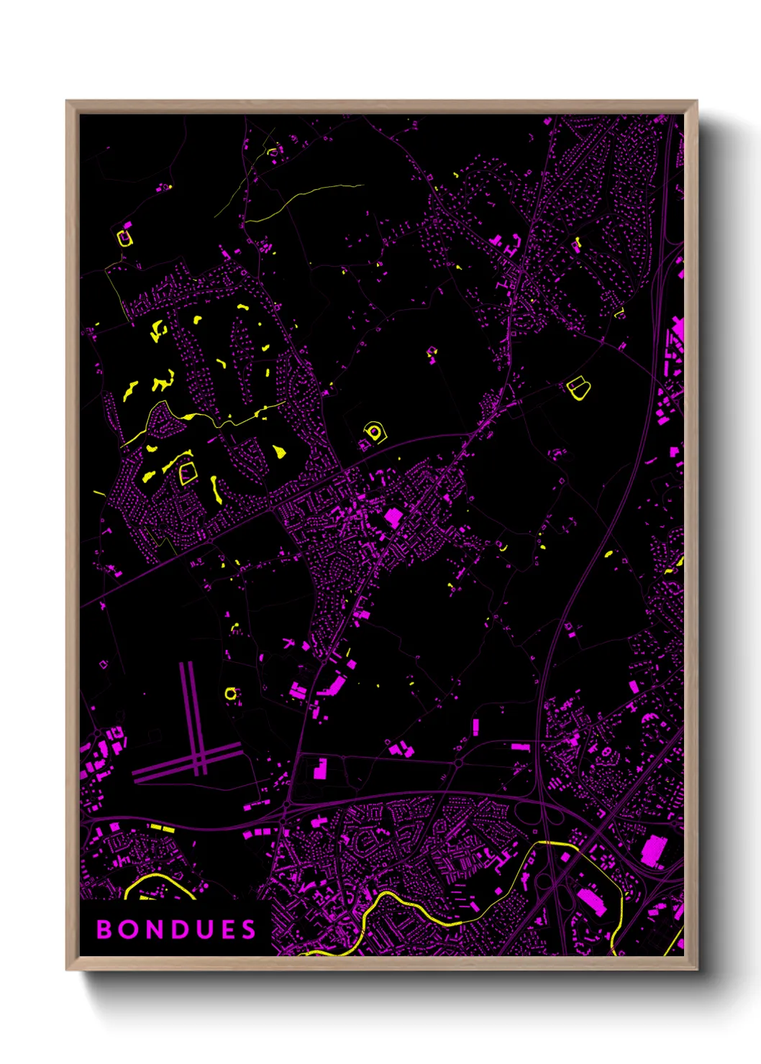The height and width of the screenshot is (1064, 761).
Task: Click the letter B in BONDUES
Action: click(104, 930)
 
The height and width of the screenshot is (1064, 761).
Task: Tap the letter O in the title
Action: click(129, 930)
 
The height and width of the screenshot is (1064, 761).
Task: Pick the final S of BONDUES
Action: click(248, 930)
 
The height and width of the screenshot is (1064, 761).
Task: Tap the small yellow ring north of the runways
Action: click(230, 694)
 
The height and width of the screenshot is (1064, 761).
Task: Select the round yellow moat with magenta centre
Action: click(373, 431)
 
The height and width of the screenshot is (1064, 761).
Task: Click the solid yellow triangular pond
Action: click(278, 451)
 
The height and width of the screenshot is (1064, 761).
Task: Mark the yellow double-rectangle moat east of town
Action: click(578, 388)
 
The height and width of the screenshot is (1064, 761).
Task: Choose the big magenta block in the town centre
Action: click(393, 516)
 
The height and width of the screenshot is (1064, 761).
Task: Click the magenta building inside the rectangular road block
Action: click(319, 770)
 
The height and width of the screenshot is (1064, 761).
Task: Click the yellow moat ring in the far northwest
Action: click(125, 237)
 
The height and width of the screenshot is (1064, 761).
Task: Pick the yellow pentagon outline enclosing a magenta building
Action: click(188, 472)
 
